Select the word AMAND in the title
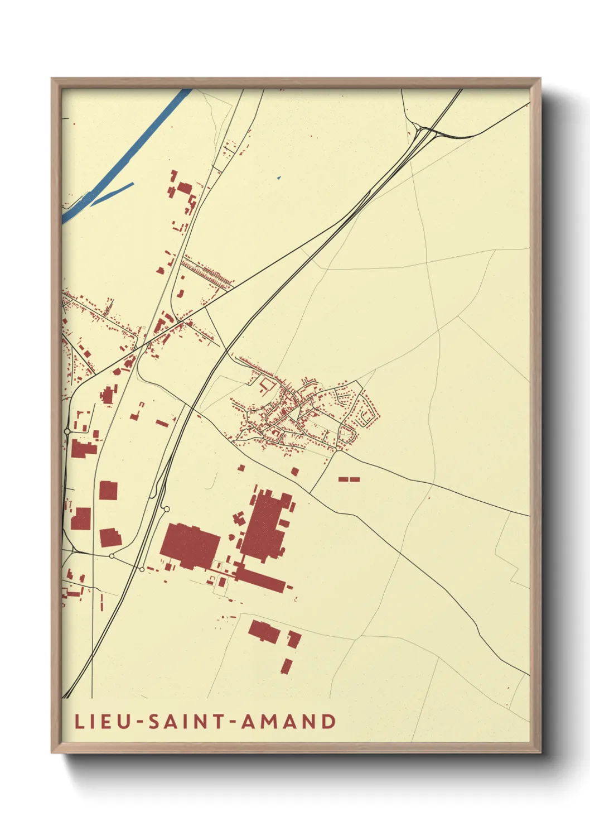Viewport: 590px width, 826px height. click(288, 722)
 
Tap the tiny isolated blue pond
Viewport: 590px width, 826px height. click(279, 177)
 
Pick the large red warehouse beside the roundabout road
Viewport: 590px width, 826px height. click(190, 545)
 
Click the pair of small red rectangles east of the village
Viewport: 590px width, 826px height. click(349, 479)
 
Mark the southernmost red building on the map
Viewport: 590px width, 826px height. click(287, 666)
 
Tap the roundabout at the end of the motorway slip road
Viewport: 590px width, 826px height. click(166, 508)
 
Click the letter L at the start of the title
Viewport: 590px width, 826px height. click(79, 722)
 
